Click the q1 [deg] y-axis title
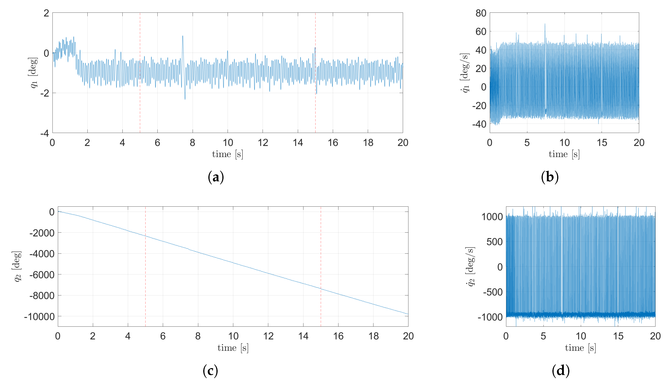click(33, 72)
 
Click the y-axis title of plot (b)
click(465, 72)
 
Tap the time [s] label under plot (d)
click(580, 348)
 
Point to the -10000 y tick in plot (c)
click(39, 317)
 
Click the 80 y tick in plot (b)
click(481, 13)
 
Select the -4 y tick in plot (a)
click(45, 133)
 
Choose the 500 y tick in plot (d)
click(495, 242)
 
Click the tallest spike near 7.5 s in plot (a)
click(183, 36)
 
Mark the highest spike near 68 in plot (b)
click(545, 24)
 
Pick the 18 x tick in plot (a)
click(368, 143)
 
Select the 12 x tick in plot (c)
click(268, 336)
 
